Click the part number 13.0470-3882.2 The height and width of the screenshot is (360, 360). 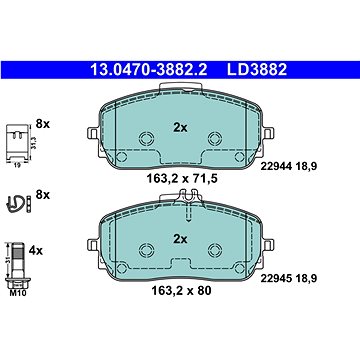click(x=149, y=70)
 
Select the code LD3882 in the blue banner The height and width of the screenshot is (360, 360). click(x=257, y=70)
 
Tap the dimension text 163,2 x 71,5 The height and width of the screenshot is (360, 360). click(x=182, y=179)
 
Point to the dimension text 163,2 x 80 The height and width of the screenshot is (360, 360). click(x=181, y=291)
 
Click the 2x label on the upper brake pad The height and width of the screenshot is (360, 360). click(x=180, y=127)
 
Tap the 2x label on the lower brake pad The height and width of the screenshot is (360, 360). click(x=180, y=239)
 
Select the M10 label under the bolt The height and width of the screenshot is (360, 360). click(x=19, y=293)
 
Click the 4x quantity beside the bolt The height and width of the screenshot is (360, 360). click(x=36, y=251)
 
